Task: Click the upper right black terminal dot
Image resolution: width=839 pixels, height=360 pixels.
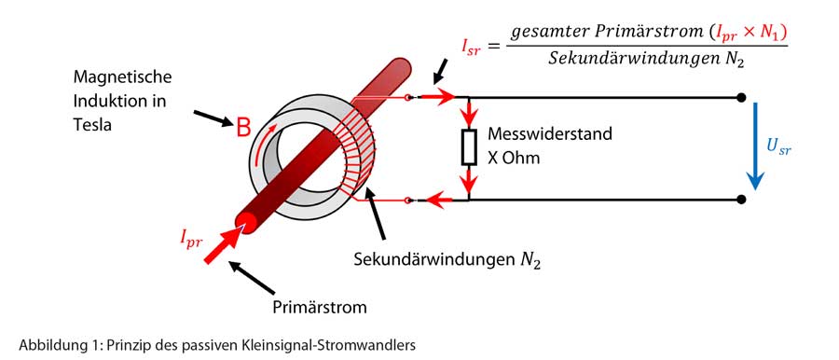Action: [x=741, y=97]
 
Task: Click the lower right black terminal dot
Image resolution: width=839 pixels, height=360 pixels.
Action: [x=741, y=199]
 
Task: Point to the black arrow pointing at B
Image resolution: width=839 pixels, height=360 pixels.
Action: [x=212, y=118]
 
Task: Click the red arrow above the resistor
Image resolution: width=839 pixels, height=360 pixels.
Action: [x=469, y=113]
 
